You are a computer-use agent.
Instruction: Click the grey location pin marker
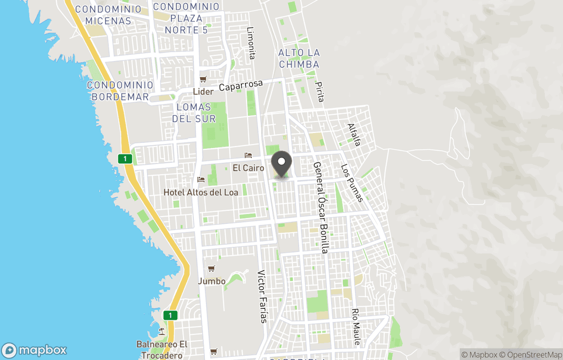tap(282, 164)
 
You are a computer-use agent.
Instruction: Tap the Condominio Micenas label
tap(108, 15)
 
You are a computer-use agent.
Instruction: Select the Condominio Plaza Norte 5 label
tap(187, 18)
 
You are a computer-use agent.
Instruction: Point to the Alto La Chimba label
tap(299, 58)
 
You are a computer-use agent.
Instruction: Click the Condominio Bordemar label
tap(120, 91)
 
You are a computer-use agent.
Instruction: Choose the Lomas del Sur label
tap(194, 113)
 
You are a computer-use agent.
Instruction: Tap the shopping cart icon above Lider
tap(203, 80)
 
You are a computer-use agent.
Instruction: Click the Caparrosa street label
tap(241, 86)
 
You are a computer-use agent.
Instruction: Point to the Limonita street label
tap(251, 43)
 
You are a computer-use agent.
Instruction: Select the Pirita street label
tap(320, 91)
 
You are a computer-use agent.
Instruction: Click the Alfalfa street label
tap(354, 135)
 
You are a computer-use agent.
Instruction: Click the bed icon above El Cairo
tap(248, 156)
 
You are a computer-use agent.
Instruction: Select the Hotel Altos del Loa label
tap(201, 193)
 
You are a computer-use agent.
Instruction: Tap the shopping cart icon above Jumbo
tap(211, 269)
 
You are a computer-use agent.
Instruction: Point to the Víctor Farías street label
tap(262, 296)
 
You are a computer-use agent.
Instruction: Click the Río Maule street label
tap(356, 327)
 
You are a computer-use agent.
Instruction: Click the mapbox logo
tap(35, 350)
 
